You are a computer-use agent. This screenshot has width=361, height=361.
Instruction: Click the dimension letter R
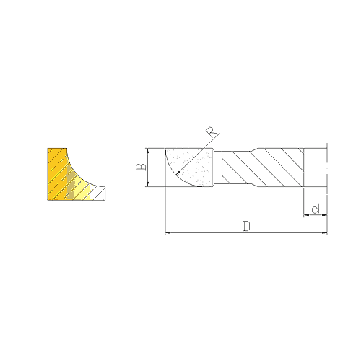tap(212, 132)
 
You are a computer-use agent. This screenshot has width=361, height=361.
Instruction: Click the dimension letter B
tap(141, 168)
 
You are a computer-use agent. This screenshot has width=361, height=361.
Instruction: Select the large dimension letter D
tap(246, 226)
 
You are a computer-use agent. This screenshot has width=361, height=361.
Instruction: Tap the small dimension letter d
tap(316, 209)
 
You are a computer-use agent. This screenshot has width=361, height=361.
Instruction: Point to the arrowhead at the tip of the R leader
tap(178, 172)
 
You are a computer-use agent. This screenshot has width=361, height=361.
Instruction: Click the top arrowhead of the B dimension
tap(148, 150)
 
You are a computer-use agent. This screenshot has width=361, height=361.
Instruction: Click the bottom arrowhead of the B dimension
tap(148, 184)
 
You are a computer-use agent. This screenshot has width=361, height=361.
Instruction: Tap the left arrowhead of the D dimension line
tap(168, 232)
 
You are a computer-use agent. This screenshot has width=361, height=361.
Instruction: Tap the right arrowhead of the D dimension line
tap(324, 232)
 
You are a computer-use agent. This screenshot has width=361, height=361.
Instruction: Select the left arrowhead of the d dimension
tap(306, 214)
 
